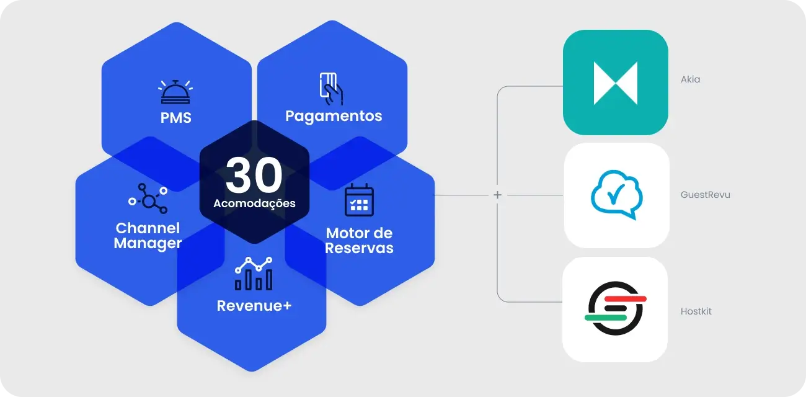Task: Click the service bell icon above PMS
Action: coord(176,92)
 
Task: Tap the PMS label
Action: coord(176,117)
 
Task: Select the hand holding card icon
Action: coord(331,89)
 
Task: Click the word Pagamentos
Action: coord(334,116)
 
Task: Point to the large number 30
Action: coord(254,176)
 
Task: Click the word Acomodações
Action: coord(254,203)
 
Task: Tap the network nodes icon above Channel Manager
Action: coord(148,197)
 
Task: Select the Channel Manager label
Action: coord(148,236)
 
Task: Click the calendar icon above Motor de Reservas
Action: coord(359,200)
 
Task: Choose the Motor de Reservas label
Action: coord(360,241)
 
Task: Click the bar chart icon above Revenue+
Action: coord(254,274)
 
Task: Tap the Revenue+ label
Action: coord(254,306)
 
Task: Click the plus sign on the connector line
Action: coord(497,195)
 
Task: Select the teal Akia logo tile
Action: coord(615,83)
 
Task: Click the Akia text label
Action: coord(690,79)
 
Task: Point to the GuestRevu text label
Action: coord(706,195)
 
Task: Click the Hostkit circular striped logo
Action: coord(615,308)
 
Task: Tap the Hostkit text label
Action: coord(696,311)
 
